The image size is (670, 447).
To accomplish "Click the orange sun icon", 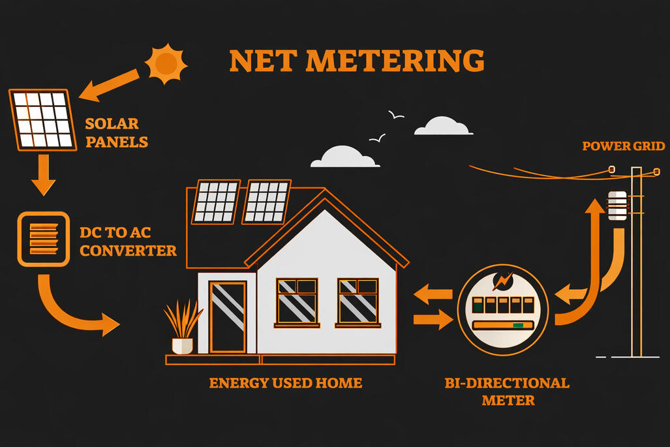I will coord(166,63).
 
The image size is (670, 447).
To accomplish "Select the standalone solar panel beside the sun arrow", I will coord(41,119).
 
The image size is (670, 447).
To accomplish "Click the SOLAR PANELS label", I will coord(112,132).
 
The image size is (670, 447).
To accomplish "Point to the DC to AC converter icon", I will coord(43,238).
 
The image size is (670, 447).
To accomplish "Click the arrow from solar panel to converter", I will coord(43,174).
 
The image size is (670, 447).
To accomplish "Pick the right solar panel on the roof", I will coord(266,202).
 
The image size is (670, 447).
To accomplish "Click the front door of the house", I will coord(227,316).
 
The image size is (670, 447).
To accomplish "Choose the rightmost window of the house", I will coord(358,301).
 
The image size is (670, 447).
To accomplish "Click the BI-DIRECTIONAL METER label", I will coord(508,391).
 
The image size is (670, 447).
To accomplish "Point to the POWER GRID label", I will coord(623,146).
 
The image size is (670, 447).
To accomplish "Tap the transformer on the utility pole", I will coord(617,205).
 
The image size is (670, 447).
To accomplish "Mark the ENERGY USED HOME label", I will coord(285,383).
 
